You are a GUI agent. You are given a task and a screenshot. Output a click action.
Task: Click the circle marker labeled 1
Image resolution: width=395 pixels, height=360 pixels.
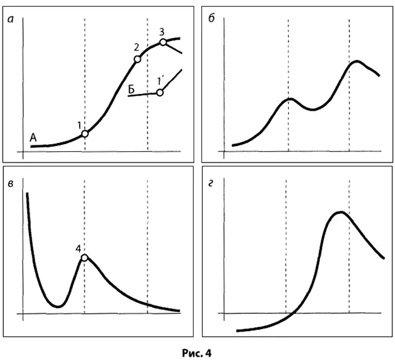click(85, 134)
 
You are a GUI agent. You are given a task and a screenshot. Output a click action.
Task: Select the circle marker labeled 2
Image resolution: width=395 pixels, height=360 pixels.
click(138, 59)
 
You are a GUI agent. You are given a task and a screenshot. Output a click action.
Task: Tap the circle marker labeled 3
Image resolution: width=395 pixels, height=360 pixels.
click(163, 43)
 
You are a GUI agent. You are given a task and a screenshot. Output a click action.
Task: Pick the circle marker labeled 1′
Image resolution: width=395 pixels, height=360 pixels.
click(159, 92)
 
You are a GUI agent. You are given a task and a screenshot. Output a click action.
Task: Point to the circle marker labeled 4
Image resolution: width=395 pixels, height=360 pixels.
click(84, 257)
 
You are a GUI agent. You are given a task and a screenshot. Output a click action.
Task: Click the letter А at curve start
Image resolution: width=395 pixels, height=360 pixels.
click(34, 137)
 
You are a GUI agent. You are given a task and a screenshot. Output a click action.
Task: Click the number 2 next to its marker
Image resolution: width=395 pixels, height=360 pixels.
click(136, 47)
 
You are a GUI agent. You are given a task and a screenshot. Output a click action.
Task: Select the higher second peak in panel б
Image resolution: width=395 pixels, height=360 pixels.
click(356, 61)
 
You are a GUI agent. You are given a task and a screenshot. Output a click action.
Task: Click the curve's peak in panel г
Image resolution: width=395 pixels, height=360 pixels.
click(340, 212)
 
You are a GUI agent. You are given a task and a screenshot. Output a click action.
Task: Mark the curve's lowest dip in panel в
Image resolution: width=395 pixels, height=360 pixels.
click(57, 306)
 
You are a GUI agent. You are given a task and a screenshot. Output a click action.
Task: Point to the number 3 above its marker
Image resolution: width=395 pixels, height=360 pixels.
click(162, 32)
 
